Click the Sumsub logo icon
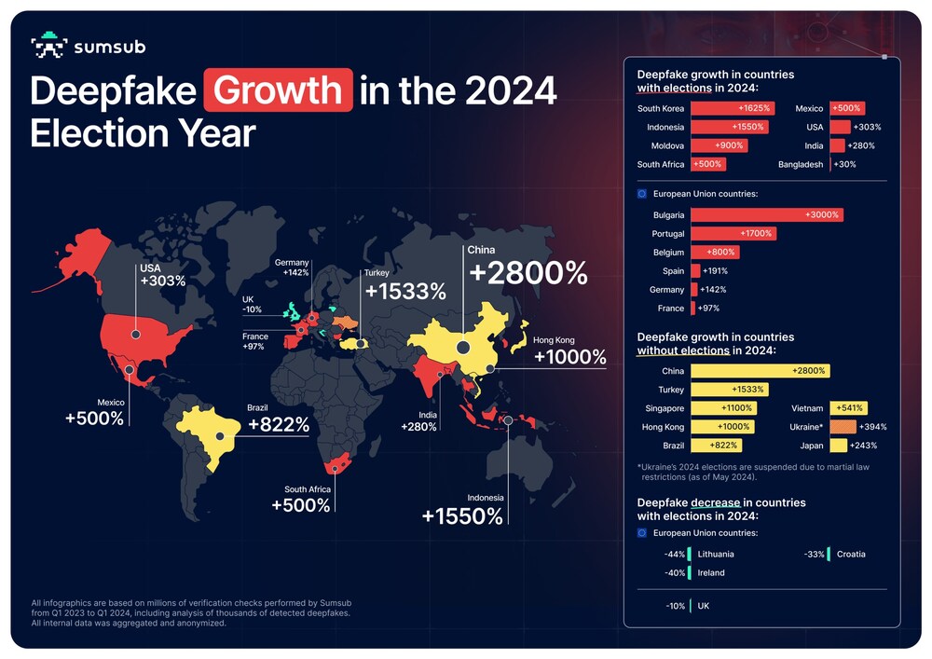[48, 47]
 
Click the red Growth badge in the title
[279, 90]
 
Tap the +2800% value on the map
[528, 272]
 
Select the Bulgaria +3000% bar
[767, 214]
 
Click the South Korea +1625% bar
[733, 108]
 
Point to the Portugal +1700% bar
[733, 233]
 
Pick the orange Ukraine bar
[843, 427]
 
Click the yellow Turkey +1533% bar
[729, 390]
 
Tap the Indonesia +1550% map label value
[462, 515]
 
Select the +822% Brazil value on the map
[279, 425]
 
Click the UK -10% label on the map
[253, 305]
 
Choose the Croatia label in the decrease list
[850, 554]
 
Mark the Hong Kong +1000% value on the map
[569, 358]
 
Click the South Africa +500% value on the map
[301, 504]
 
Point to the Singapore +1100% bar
[724, 408]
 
